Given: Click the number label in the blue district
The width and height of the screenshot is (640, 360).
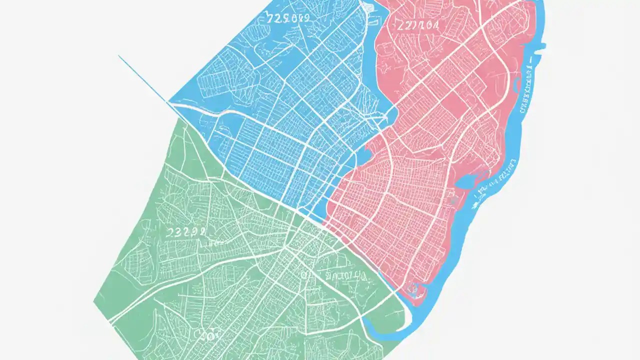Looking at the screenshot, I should (289, 18).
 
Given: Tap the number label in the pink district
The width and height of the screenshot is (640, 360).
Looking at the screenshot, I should (418, 25).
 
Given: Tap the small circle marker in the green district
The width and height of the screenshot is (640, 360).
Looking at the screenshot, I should (303, 274).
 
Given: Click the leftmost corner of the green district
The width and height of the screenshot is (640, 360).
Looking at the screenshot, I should (94, 301).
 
